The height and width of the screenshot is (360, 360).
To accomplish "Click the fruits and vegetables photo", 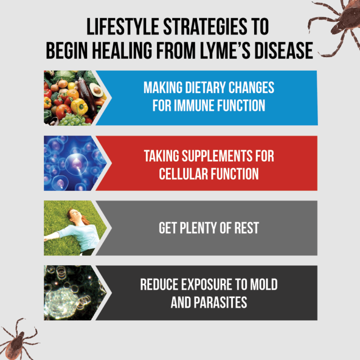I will click(x=73, y=97).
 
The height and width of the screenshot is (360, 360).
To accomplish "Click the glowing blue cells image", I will click(x=73, y=163).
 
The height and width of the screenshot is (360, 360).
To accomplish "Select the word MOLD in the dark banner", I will click(x=261, y=284).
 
